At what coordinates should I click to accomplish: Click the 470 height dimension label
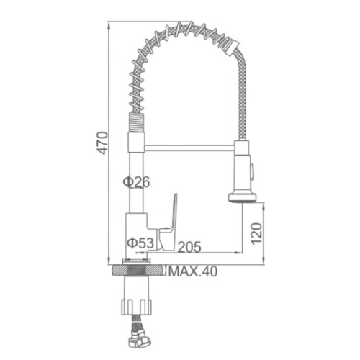click(103, 143)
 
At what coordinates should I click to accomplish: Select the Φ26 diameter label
click(136, 181)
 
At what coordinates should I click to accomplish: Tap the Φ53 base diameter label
click(140, 243)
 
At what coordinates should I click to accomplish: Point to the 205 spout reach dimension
click(189, 247)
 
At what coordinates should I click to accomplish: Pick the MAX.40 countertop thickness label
click(193, 271)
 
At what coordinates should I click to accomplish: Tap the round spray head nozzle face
click(242, 197)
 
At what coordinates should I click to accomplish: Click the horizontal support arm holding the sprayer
click(189, 148)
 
